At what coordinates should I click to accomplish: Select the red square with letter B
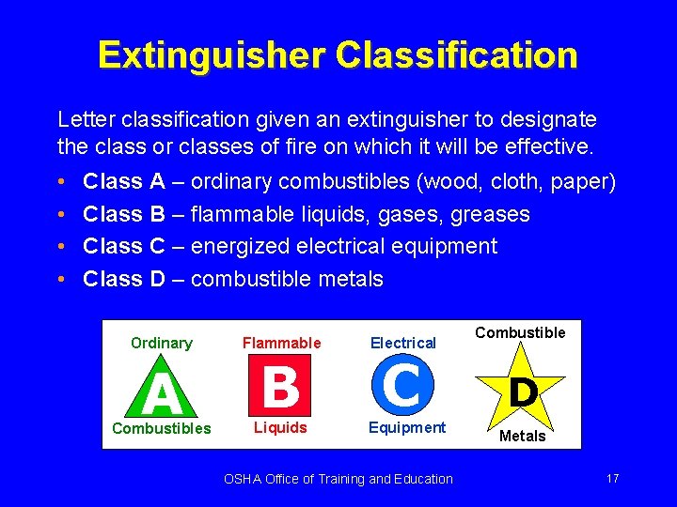coord(280,385)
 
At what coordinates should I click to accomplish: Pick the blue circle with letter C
coord(403,385)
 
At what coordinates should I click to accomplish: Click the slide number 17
coord(612,479)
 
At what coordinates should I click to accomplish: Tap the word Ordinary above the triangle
coord(161,344)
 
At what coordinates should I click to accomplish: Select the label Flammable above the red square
coord(281,344)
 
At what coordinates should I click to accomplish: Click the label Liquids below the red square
coord(280,428)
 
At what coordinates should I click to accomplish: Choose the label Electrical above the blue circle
coord(403,344)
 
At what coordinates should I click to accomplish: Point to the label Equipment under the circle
coord(407,428)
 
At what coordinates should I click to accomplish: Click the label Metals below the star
coord(523,437)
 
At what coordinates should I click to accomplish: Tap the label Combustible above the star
coord(520,332)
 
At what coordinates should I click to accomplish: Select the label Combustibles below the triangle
coord(161,428)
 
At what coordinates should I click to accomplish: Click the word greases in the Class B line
coord(490,215)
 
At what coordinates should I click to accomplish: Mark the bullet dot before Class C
coord(60,247)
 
